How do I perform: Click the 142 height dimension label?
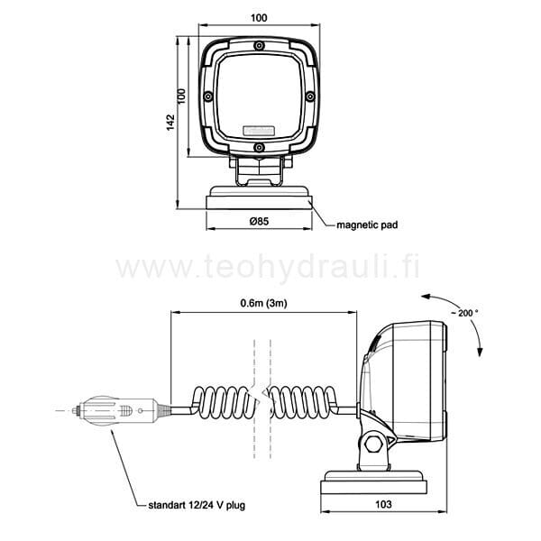tap(170, 123)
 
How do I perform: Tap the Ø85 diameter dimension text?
tap(259, 221)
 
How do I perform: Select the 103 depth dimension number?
tap(383, 504)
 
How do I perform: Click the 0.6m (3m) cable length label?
tap(263, 303)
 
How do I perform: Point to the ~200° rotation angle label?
tap(465, 313)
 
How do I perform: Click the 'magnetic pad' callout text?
tap(367, 225)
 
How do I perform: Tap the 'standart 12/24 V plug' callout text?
tap(197, 505)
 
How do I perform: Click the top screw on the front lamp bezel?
tap(259, 46)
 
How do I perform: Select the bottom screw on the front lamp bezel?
tap(259, 148)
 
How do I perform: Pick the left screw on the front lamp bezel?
tap(208, 96)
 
